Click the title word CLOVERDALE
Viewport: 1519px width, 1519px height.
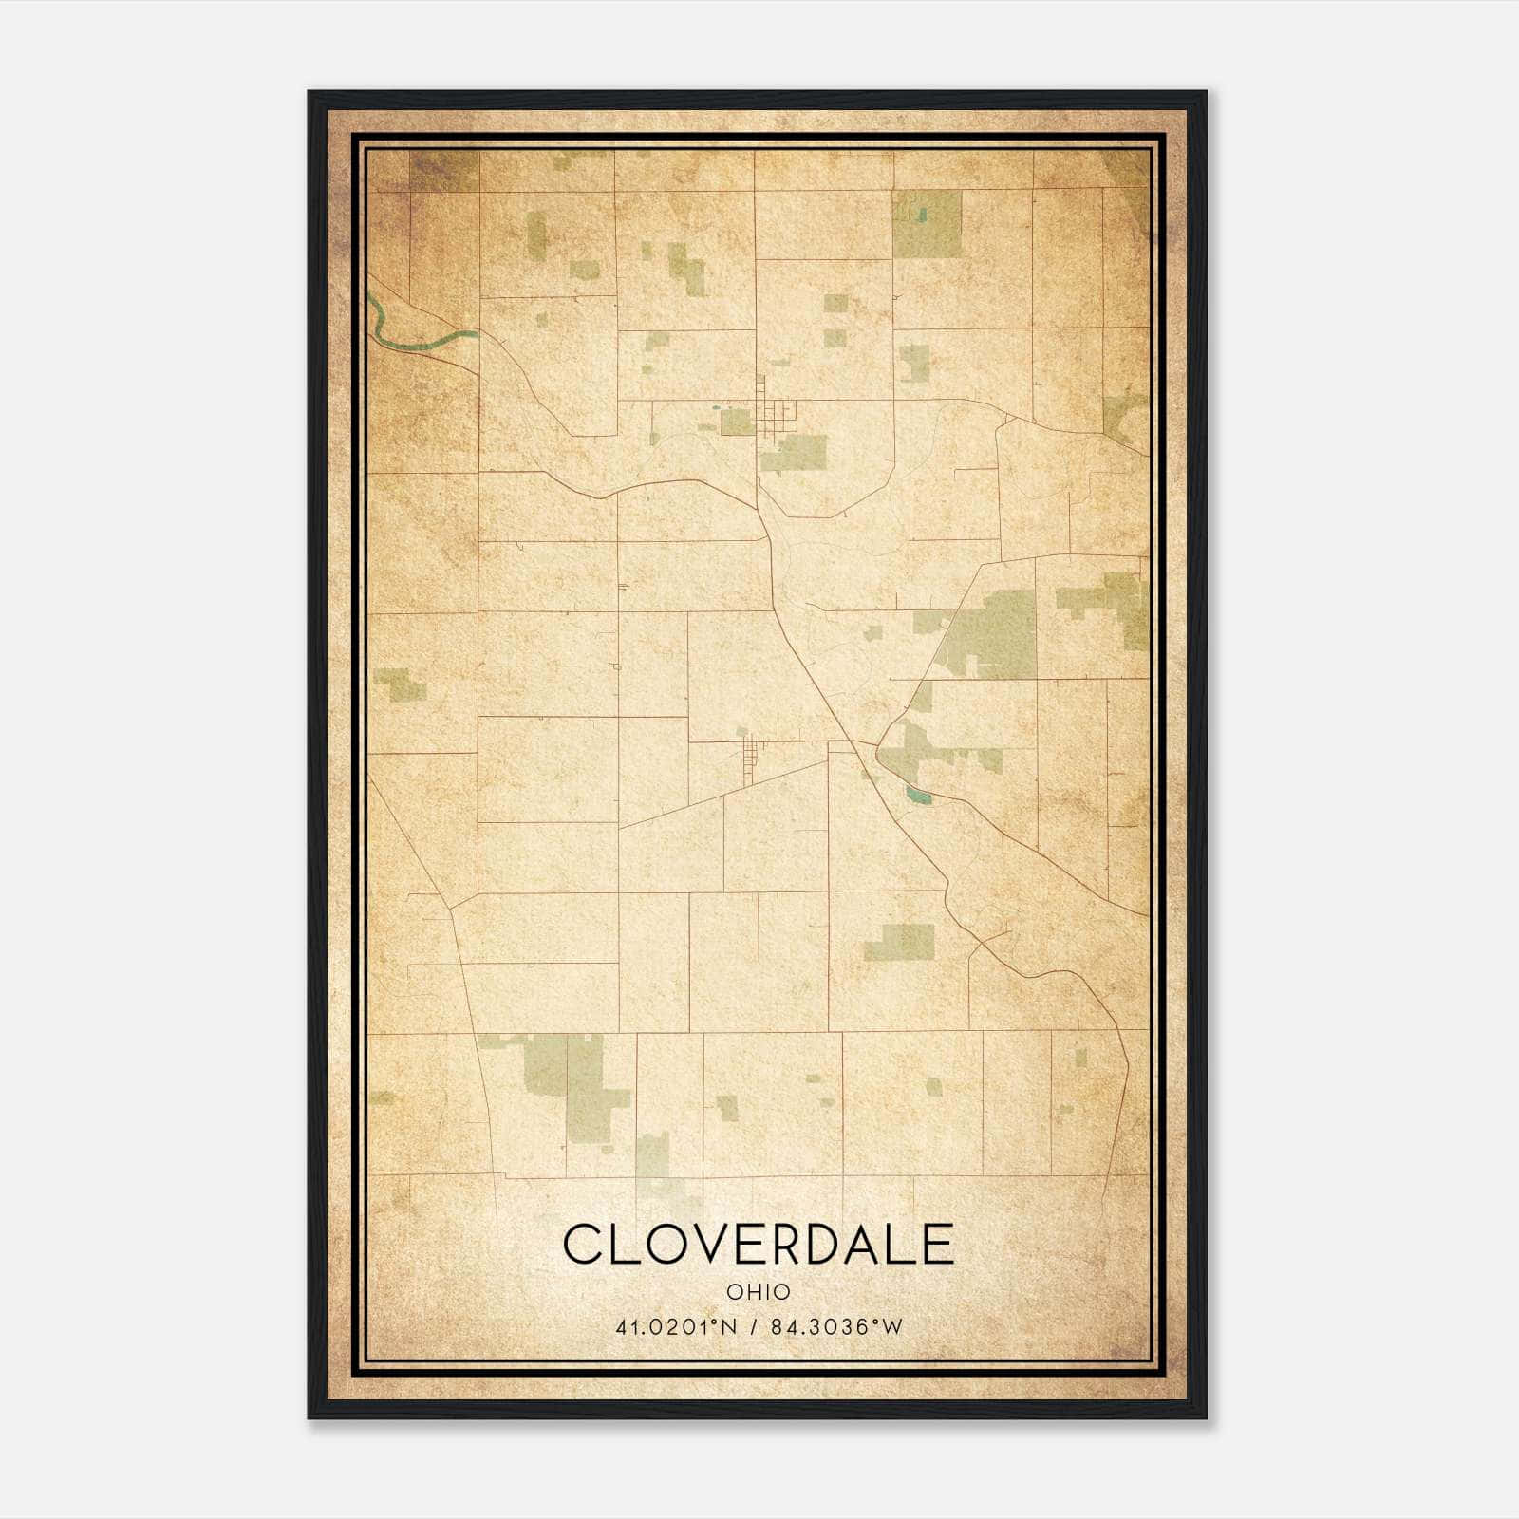click(x=758, y=1244)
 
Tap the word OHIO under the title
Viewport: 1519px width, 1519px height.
click(x=758, y=1291)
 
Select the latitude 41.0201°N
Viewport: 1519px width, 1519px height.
click(x=676, y=1327)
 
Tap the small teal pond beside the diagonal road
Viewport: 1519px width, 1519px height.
click(x=918, y=796)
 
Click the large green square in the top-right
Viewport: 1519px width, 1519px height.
click(x=927, y=225)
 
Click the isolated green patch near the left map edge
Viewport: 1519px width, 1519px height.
click(x=400, y=684)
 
